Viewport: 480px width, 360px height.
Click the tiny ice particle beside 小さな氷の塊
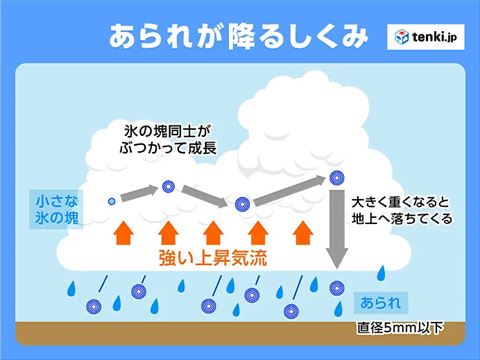(112, 201)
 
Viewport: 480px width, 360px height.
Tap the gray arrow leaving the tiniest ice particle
(140, 191)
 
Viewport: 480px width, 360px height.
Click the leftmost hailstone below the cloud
(94, 306)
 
